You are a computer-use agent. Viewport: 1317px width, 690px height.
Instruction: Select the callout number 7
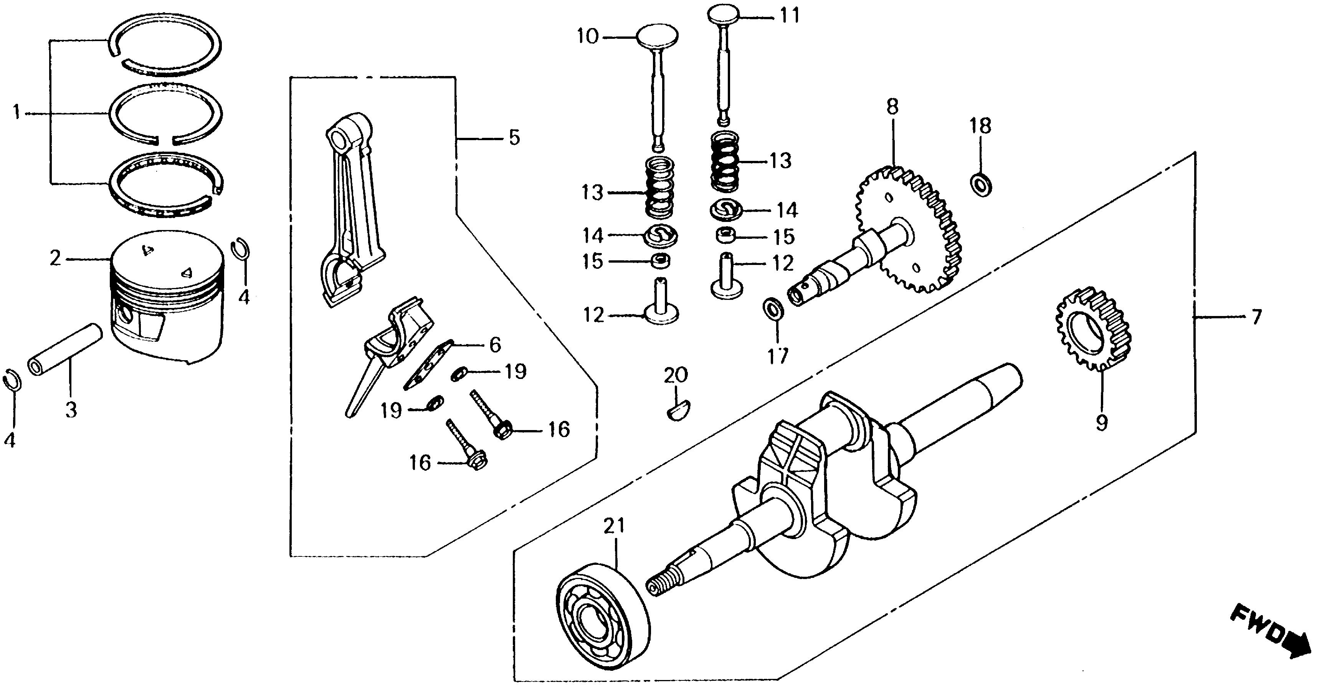coord(1256,317)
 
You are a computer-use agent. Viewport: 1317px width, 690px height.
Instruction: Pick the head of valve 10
coord(657,37)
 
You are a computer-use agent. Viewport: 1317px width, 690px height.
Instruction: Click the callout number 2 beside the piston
coord(56,258)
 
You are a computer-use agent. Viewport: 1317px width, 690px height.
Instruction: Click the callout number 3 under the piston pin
coord(71,409)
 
